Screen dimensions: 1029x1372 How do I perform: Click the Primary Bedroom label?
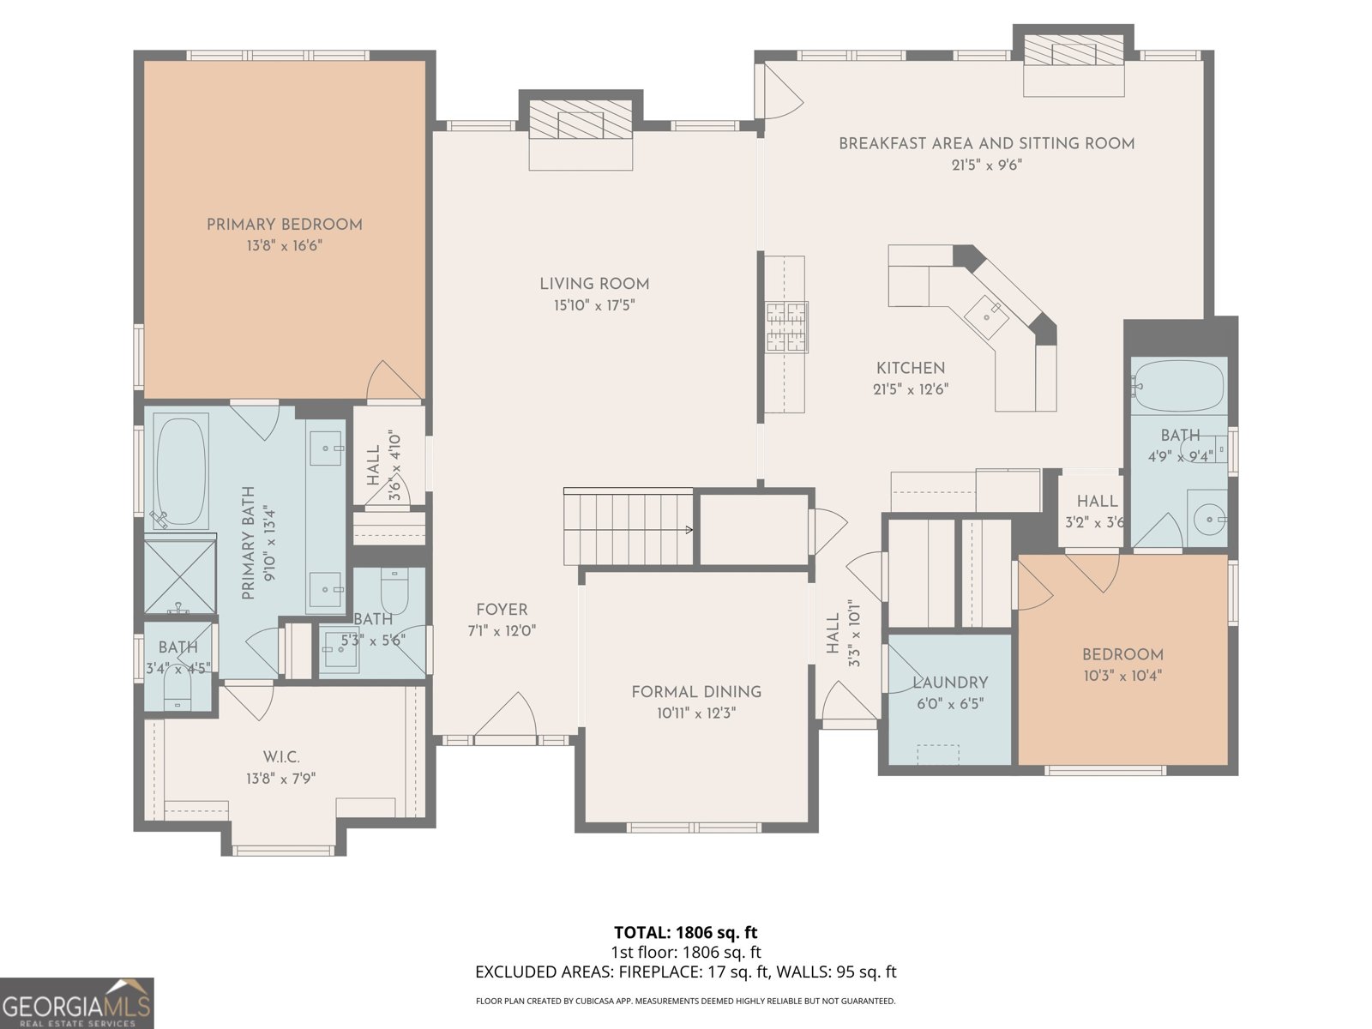click(x=284, y=225)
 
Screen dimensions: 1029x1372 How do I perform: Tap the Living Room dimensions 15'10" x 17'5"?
click(x=593, y=305)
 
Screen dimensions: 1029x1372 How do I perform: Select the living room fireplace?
click(x=581, y=121)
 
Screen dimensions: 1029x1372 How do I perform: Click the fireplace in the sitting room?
click(x=1074, y=53)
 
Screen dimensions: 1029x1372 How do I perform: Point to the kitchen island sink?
click(x=986, y=313)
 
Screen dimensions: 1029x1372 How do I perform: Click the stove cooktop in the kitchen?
click(x=786, y=328)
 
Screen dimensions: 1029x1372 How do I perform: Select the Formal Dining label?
click(x=695, y=692)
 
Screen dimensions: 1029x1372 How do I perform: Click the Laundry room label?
click(x=950, y=683)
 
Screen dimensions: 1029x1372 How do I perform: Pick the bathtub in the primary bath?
click(x=182, y=472)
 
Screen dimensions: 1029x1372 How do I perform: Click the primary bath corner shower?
click(x=179, y=575)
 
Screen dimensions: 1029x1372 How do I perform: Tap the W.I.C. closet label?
click(x=281, y=757)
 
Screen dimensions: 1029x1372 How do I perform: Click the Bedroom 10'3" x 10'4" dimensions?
click(x=1122, y=676)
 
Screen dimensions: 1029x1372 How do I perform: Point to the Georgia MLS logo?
click(x=76, y=1003)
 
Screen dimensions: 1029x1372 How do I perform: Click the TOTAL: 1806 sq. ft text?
click(x=685, y=932)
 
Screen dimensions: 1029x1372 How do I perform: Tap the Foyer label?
click(x=502, y=610)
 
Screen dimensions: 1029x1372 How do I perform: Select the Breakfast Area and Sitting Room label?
click(x=986, y=144)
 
